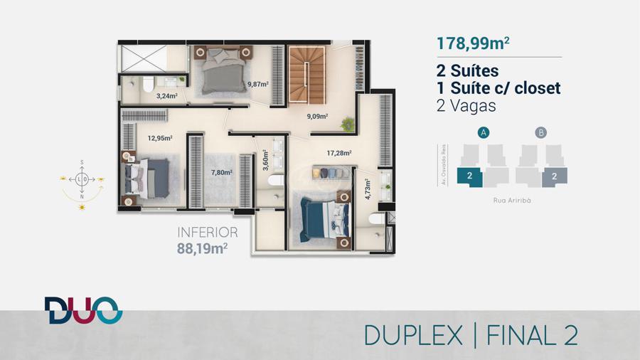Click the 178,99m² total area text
coord(473,43)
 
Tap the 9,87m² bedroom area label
coord(258,85)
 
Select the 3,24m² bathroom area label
coord(167,96)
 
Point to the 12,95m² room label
coord(160,138)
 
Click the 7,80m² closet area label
coord(222,173)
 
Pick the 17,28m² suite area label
coord(339,153)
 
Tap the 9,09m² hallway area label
coord(318,117)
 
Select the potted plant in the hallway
coord(348,124)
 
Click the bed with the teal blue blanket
coord(325,220)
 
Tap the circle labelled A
coord(484,132)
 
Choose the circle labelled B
coord(541,132)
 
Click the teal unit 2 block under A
coord(469,176)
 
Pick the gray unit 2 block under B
coord(555,176)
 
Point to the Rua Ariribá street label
coord(512,201)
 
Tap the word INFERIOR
coord(208,233)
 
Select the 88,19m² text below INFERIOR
coord(202,248)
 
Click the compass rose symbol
coord(82,179)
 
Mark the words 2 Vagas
coord(466,106)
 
